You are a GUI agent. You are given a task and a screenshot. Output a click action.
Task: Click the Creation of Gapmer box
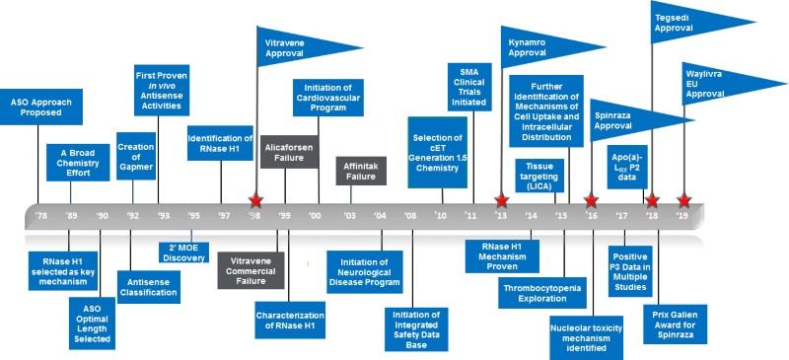click(x=135, y=153)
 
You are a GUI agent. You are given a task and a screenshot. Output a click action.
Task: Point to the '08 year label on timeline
click(x=409, y=214)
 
